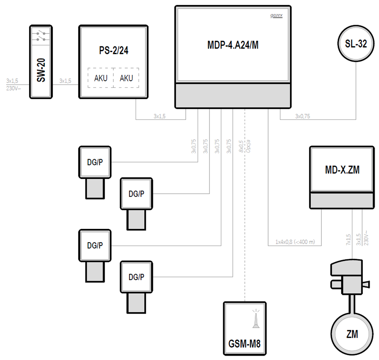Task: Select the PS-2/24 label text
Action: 114,51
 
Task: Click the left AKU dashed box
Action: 100,78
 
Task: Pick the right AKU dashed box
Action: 126,78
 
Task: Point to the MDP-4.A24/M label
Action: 233,45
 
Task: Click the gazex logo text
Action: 276,15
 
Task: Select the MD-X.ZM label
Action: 342,170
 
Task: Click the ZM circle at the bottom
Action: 352,334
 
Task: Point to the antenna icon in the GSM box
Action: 256,318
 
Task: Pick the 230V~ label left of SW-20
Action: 14,87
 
